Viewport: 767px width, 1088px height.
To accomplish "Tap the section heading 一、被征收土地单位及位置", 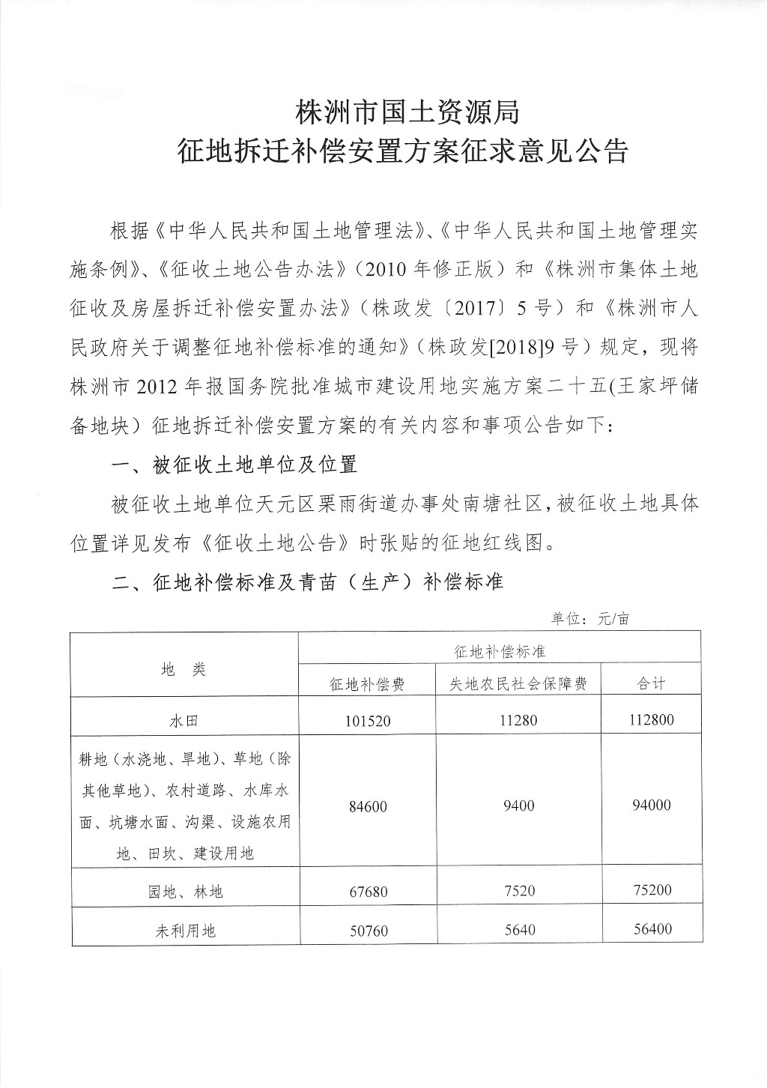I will (x=233, y=465).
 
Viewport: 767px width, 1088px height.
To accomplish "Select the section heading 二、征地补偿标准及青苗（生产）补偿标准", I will (x=306, y=581).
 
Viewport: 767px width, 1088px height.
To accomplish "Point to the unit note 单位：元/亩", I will (x=591, y=619).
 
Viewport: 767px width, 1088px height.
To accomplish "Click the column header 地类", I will (x=184, y=669).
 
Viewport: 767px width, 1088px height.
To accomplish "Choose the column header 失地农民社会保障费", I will (x=518, y=683).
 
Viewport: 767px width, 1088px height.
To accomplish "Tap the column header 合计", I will (x=651, y=683).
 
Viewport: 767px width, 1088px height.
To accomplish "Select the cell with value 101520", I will (x=368, y=721).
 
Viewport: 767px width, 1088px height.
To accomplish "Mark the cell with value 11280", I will (x=518, y=720).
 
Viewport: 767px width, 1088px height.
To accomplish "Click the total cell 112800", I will (x=651, y=720).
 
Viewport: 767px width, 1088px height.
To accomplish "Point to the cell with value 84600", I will (x=368, y=806).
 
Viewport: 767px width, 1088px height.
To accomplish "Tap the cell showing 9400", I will (x=518, y=806).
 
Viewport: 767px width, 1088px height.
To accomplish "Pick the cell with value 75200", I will (x=651, y=890).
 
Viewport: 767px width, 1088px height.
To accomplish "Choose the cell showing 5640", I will (x=518, y=930).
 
